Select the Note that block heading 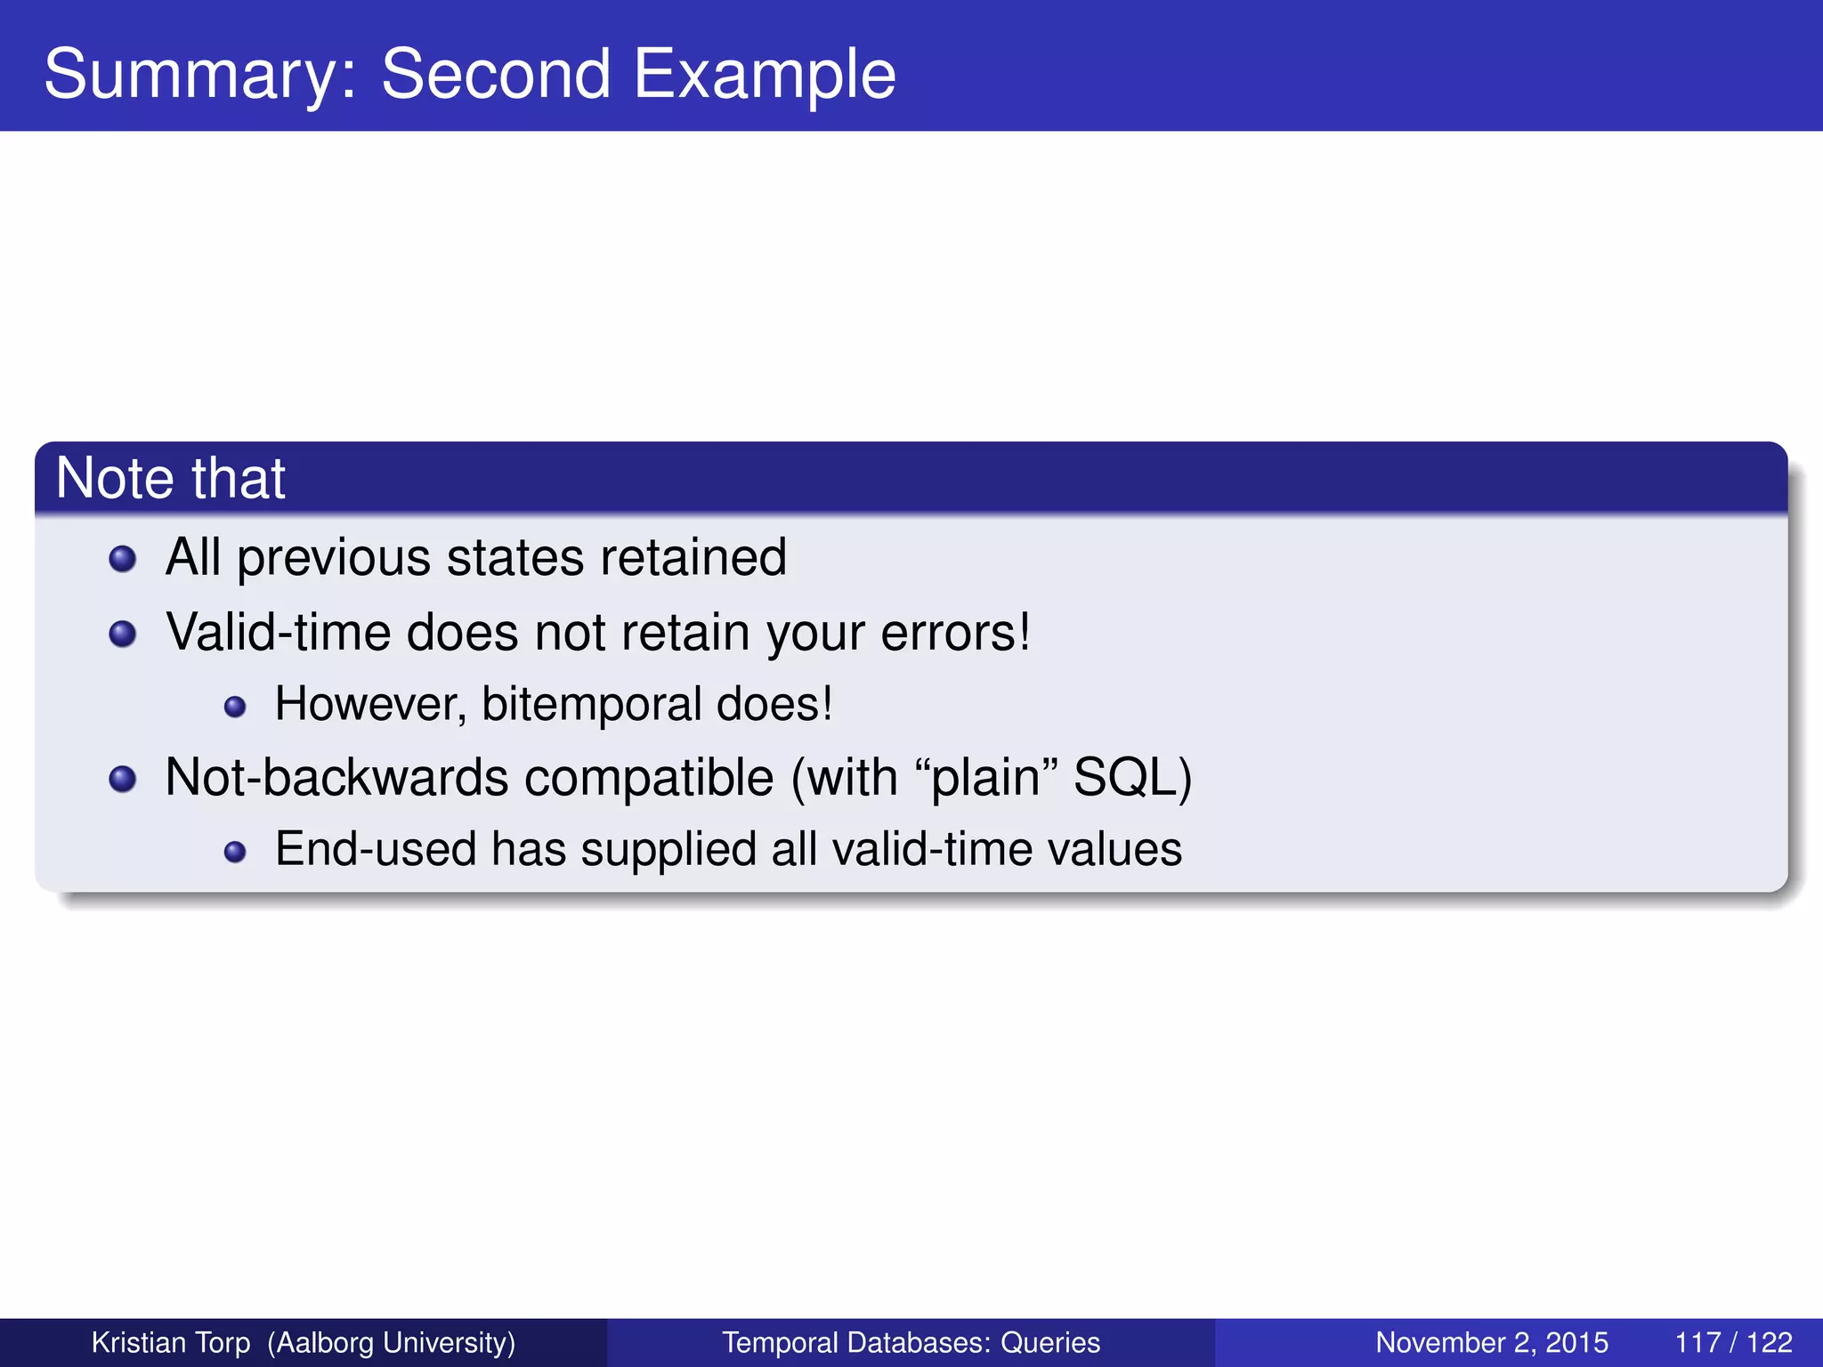pyautogui.click(x=171, y=479)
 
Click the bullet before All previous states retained pyautogui.click(x=122, y=559)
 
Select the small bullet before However pyautogui.click(x=235, y=707)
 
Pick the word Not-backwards pyautogui.click(x=336, y=777)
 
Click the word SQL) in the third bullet pyautogui.click(x=1132, y=777)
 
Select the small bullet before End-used pyautogui.click(x=235, y=852)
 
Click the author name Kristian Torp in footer pyautogui.click(x=171, y=1342)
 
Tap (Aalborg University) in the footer pyautogui.click(x=392, y=1342)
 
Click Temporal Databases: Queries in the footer pyautogui.click(x=911, y=1342)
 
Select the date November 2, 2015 pyautogui.click(x=1492, y=1342)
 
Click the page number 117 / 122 pyautogui.click(x=1733, y=1342)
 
